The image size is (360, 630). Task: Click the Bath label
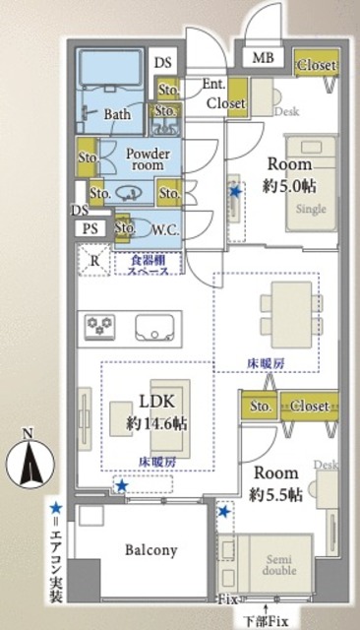tap(118, 114)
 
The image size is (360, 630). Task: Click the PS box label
tap(90, 228)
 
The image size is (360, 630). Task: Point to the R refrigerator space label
tap(93, 261)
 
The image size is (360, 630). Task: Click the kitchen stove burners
tap(102, 325)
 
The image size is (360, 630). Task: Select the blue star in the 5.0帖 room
tap(233, 192)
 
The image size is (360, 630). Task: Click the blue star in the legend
tap(58, 507)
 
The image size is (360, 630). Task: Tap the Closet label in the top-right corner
tap(318, 66)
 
